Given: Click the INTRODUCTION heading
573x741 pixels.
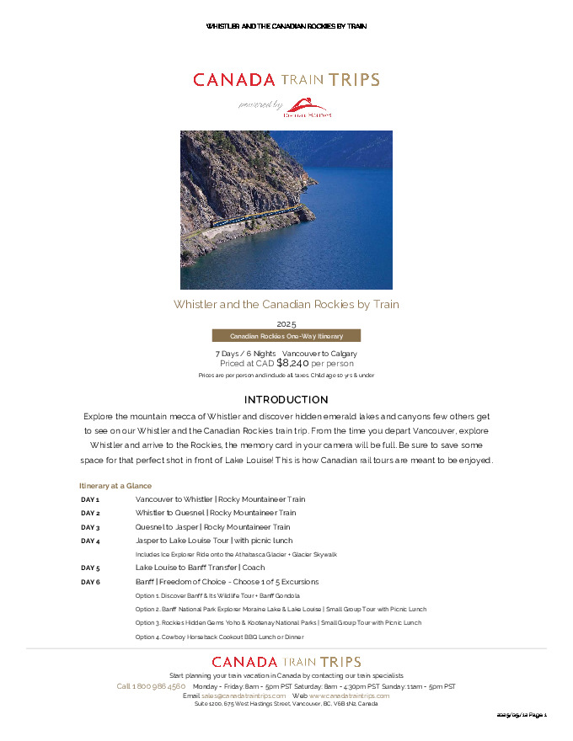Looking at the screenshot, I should pos(286,399).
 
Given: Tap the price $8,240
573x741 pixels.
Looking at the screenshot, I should pos(292,363).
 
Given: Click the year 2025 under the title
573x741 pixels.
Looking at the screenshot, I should pos(286,323).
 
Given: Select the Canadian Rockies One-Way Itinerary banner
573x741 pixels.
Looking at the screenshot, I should pos(286,336).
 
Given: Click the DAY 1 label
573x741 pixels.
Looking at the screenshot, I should pos(90,499).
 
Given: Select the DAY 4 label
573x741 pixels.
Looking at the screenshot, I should pos(90,541).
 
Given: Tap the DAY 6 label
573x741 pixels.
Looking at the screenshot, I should pos(90,582).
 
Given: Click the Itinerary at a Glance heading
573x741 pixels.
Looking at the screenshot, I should pos(115,486).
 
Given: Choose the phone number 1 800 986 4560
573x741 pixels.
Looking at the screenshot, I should pos(151,686).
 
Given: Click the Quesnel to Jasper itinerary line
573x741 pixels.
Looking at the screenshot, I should pos(212,527).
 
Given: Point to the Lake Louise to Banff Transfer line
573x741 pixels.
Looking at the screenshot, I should pos(201,568).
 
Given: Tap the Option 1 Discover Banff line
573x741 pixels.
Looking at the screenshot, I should pos(217,595).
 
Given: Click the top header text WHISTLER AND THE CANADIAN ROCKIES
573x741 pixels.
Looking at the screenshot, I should pos(286,26).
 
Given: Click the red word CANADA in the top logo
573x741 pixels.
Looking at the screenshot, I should pos(234,80).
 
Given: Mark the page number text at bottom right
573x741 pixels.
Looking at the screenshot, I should pos(522,715).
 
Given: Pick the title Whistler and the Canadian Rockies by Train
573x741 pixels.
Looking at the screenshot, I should pos(286,304).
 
